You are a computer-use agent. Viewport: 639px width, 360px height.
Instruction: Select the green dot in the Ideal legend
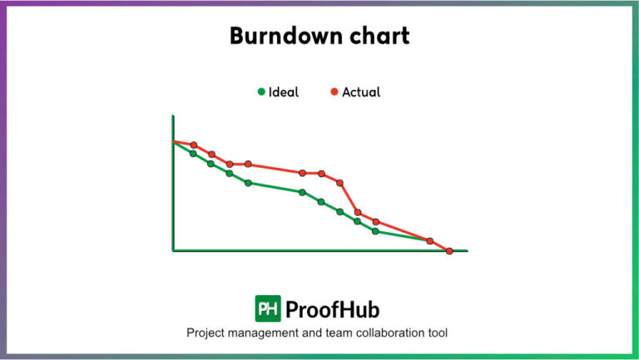click(x=261, y=92)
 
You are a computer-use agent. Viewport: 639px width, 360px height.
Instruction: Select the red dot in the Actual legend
click(x=334, y=92)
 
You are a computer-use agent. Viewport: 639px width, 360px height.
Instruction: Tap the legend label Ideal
click(x=284, y=92)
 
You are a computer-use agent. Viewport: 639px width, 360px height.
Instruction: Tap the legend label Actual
click(x=361, y=92)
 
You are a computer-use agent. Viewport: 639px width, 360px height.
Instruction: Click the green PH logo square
click(x=267, y=309)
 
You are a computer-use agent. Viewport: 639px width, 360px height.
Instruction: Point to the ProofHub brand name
click(x=332, y=310)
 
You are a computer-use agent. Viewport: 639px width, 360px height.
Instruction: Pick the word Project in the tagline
click(x=207, y=333)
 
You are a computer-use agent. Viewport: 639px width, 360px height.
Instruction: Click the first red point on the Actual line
click(x=194, y=145)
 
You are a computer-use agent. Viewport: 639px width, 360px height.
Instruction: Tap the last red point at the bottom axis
click(x=449, y=250)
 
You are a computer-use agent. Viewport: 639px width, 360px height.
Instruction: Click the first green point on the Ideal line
click(x=193, y=153)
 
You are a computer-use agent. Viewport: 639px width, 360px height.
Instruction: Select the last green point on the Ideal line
click(x=375, y=231)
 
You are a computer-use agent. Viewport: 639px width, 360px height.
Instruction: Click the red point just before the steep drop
click(x=339, y=182)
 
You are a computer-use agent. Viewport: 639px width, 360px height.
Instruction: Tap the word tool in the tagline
click(x=438, y=333)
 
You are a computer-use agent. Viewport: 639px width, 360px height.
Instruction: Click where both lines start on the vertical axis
click(x=174, y=141)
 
